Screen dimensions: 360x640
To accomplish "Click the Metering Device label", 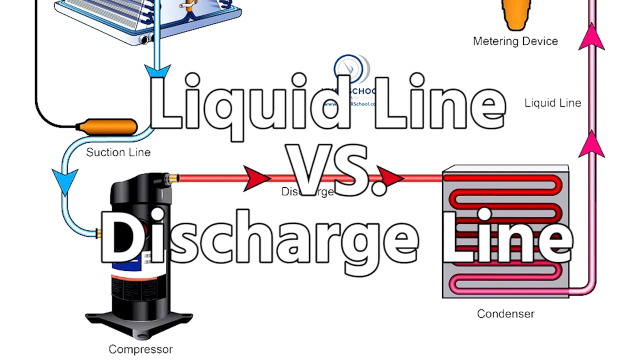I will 515,41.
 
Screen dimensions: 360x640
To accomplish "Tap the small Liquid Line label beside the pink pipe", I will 552,103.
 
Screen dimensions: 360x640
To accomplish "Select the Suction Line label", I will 118,152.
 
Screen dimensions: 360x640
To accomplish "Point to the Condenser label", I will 505,314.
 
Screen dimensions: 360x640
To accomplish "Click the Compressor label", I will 140,349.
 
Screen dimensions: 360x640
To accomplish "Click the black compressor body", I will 140,285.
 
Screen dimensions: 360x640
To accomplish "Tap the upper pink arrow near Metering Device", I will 591,39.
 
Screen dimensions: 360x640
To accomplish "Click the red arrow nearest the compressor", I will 256,178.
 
